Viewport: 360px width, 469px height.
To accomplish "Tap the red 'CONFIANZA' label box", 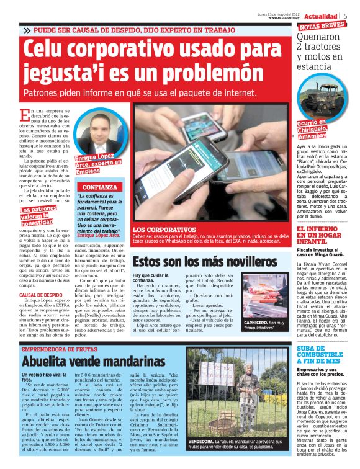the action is [100, 187].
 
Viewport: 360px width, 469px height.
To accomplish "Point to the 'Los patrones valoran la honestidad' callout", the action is [38, 215].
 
